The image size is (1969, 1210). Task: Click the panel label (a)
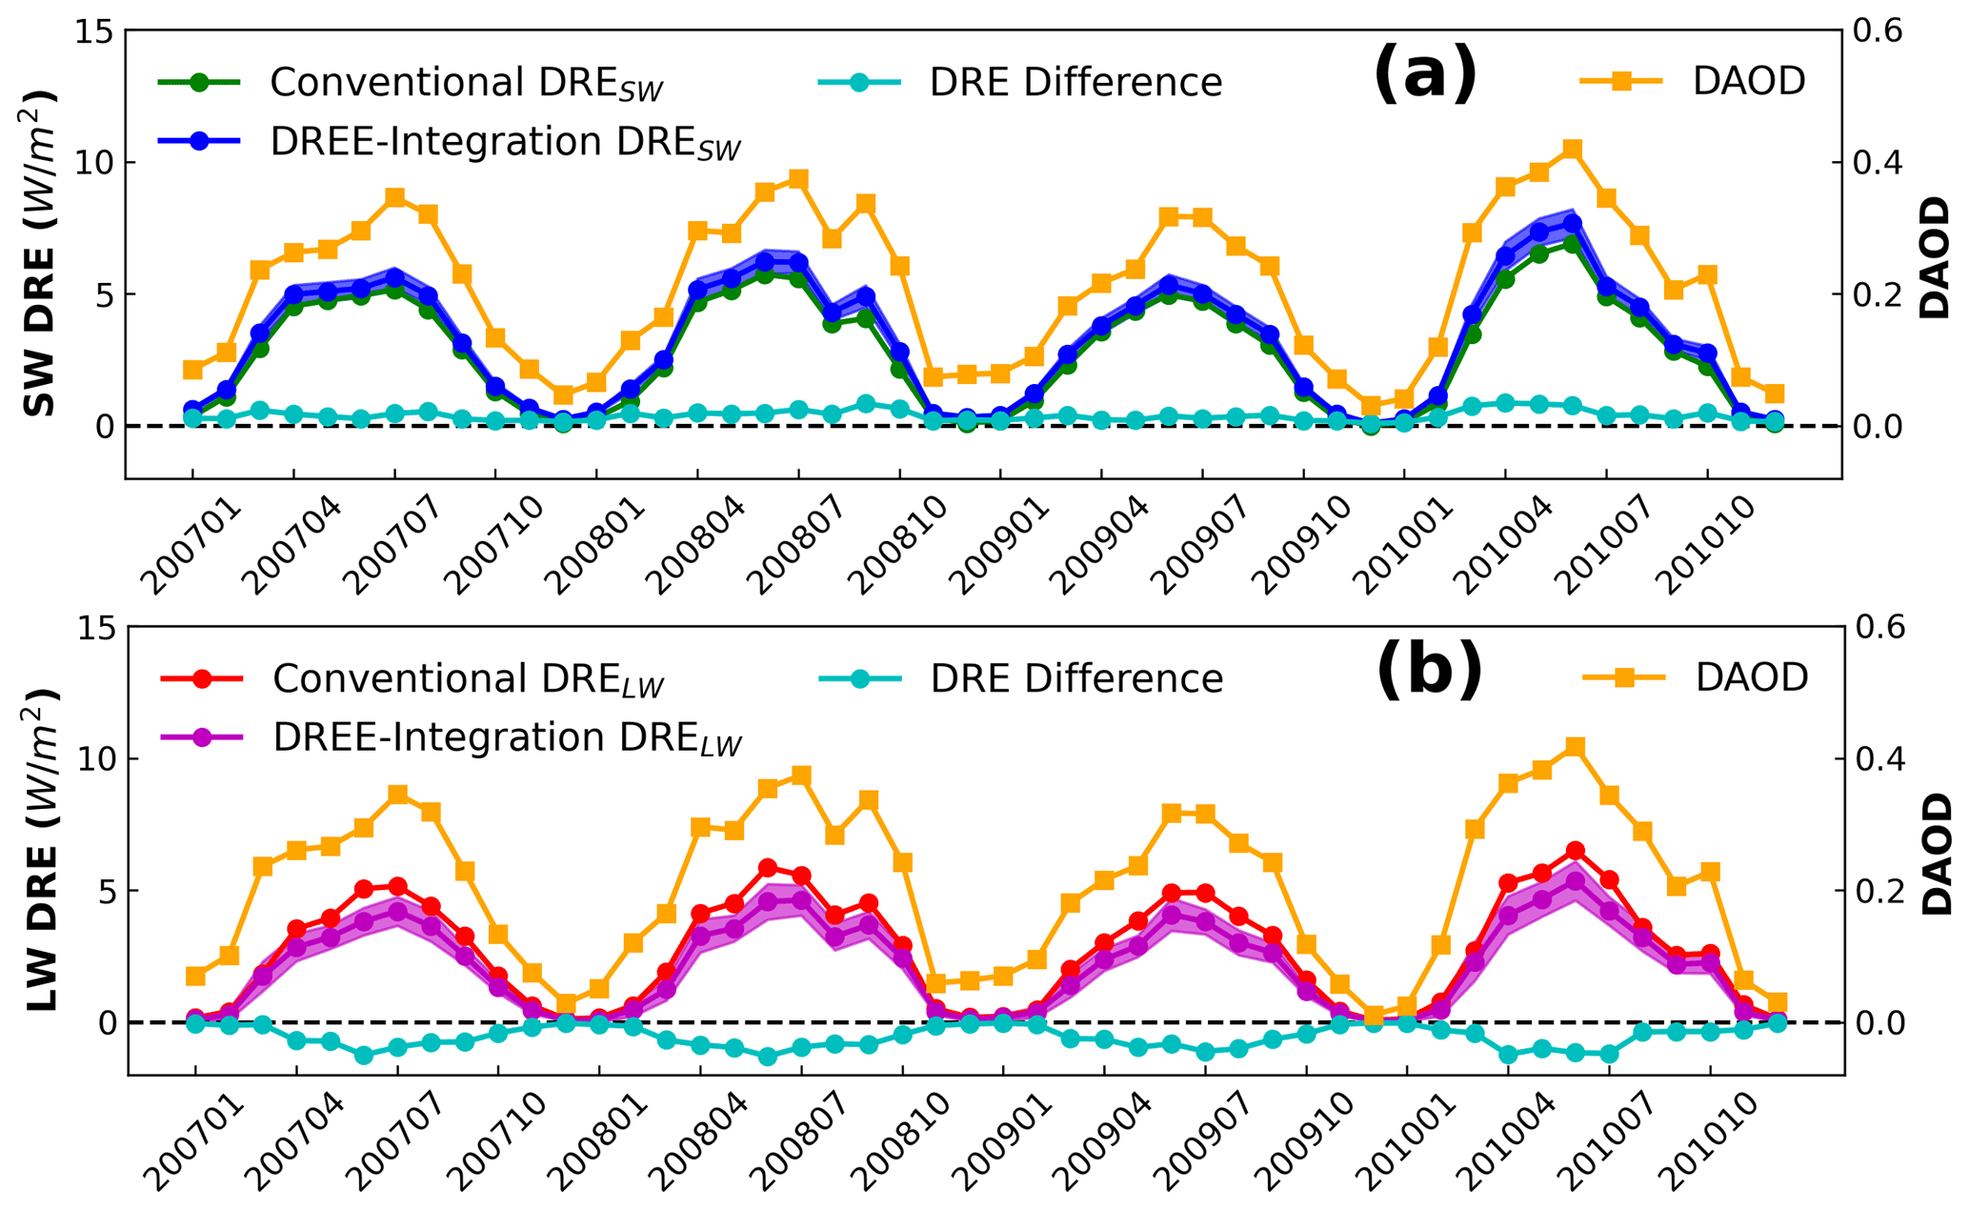pyautogui.click(x=1425, y=74)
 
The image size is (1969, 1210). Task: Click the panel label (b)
pyautogui.click(x=1429, y=671)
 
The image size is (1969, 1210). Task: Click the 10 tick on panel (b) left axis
pyautogui.click(x=98, y=759)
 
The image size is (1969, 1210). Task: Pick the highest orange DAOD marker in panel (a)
pyautogui.click(x=1573, y=149)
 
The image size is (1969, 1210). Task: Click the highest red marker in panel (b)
pyautogui.click(x=1576, y=850)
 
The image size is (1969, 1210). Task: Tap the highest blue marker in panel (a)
pyautogui.click(x=1573, y=224)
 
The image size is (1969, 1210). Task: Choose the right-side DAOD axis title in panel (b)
pyautogui.click(x=1936, y=854)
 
